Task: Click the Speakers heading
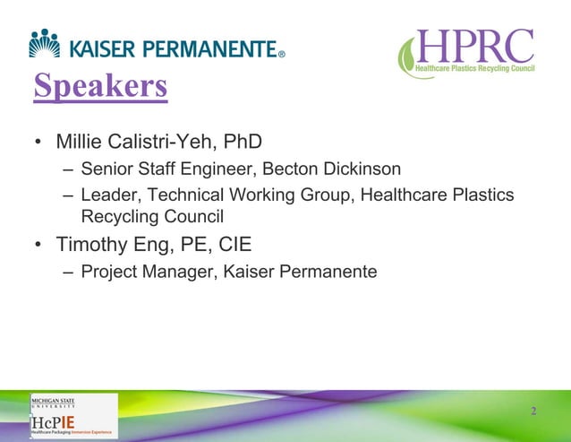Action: (x=100, y=87)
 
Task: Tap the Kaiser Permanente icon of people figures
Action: (x=45, y=42)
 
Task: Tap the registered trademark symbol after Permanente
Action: (x=281, y=54)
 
